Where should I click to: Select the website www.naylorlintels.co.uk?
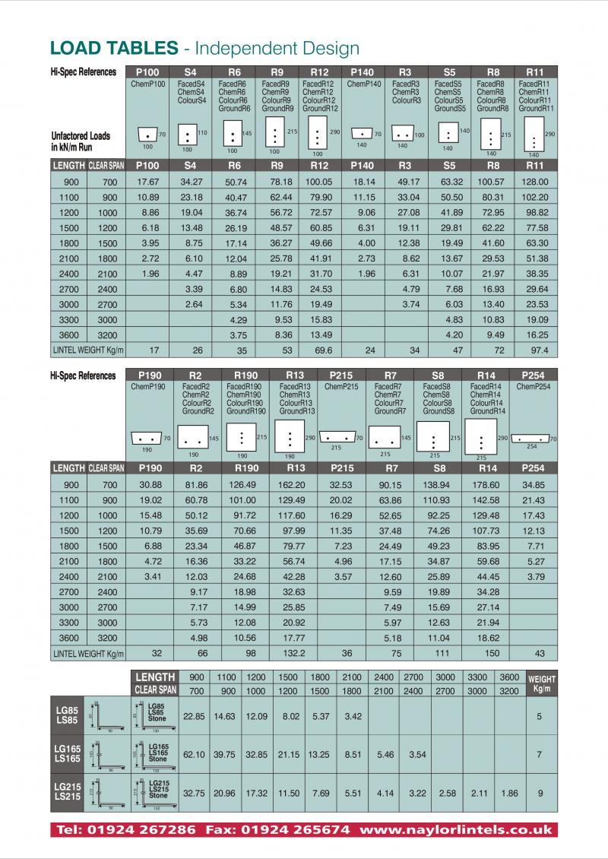coord(456,829)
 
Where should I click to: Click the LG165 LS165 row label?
coord(68,753)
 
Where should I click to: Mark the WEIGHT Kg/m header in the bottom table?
coord(541,683)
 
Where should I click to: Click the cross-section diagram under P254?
coord(532,439)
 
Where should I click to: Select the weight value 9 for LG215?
coord(540,794)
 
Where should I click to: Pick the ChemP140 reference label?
coord(363,84)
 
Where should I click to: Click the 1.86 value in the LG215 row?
coord(509,794)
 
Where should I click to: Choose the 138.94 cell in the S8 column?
coord(439,484)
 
